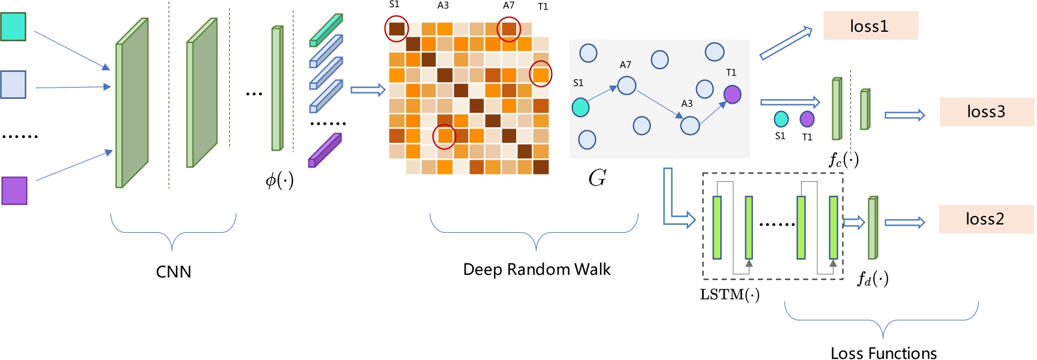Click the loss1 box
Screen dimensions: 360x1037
click(x=870, y=26)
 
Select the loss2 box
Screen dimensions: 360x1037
click(x=985, y=219)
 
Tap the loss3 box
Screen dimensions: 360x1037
click(x=987, y=112)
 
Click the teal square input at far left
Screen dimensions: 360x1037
click(x=13, y=27)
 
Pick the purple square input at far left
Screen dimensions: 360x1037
click(x=14, y=191)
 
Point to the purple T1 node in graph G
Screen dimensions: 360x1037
click(x=732, y=94)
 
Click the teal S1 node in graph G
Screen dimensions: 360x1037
click(x=580, y=107)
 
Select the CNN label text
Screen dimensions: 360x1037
click(x=173, y=272)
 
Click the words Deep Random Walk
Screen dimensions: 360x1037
click(x=537, y=269)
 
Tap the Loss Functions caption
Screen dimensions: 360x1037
click(x=883, y=353)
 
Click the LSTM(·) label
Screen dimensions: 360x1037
click(x=730, y=295)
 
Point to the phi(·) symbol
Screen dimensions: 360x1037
click(x=280, y=179)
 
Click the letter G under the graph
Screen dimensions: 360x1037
click(x=597, y=178)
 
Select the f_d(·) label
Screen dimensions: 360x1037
click(x=873, y=278)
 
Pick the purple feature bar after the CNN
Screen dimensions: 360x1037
click(x=325, y=151)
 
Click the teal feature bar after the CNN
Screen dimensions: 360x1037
click(x=326, y=30)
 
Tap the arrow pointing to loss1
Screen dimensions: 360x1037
click(x=786, y=43)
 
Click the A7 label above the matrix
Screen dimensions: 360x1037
click(x=508, y=5)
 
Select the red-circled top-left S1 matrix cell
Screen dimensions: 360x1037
click(x=397, y=28)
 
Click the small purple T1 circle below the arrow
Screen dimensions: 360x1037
click(x=807, y=119)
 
